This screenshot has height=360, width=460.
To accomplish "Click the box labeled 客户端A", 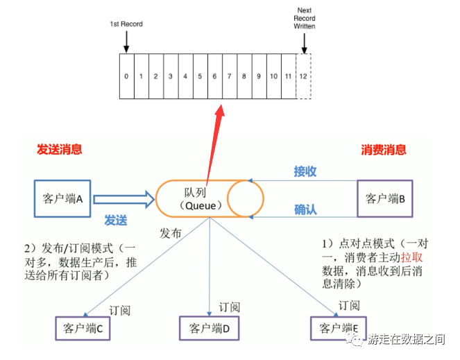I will pyautogui.click(x=64, y=199).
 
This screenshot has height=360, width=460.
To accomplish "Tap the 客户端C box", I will pyautogui.click(x=83, y=329).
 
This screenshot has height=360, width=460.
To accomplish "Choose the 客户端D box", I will pyautogui.click(x=209, y=327).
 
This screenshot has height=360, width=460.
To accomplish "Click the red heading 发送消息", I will pyautogui.click(x=60, y=149).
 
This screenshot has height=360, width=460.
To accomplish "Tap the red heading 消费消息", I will pyautogui.click(x=384, y=150).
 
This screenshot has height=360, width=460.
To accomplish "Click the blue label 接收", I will pyautogui.click(x=305, y=171).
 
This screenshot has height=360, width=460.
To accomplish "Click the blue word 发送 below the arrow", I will pyautogui.click(x=116, y=220).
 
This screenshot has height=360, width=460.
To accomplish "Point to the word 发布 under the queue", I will pyautogui.click(x=171, y=233).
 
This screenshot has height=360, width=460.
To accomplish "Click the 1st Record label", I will pyautogui.click(x=126, y=24).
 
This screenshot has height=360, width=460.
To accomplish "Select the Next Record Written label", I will pyautogui.click(x=304, y=19).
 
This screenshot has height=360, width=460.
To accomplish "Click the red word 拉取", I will pyautogui.click(x=411, y=257).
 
